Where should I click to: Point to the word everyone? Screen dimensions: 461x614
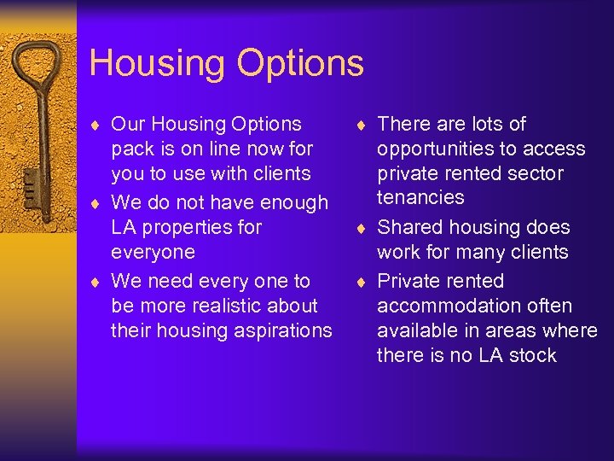click(153, 253)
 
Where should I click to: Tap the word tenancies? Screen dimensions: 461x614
click(420, 198)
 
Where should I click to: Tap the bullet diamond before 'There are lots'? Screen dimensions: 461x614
click(363, 125)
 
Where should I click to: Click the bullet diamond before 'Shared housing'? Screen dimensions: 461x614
click(363, 229)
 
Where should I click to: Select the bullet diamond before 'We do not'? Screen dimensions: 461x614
click(97, 204)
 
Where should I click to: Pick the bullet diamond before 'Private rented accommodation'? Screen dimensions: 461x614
click(363, 282)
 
